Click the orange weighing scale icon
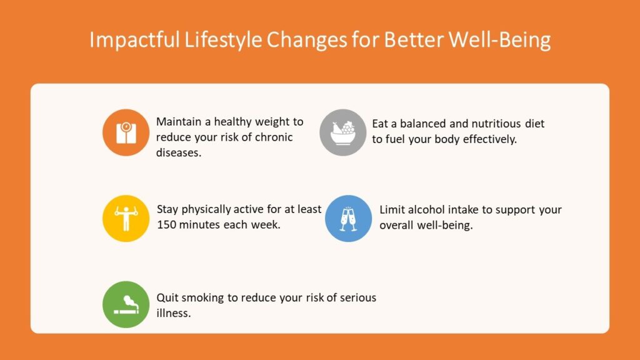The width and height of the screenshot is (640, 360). click(126, 132)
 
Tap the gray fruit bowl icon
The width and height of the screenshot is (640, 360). click(343, 132)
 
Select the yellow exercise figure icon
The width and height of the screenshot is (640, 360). click(126, 218)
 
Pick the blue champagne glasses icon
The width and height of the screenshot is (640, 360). click(348, 218)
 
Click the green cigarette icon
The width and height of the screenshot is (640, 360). click(126, 304)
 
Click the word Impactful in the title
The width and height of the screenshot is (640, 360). click(134, 40)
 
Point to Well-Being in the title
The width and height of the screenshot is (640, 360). click(499, 40)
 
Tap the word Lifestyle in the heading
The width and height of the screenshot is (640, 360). click(223, 40)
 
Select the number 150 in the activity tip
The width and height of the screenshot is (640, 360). click(166, 224)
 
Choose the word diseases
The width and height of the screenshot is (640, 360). click(179, 152)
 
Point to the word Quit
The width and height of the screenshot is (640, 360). click(167, 297)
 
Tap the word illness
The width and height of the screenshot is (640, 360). click(174, 313)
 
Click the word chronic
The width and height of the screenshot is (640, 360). click(274, 137)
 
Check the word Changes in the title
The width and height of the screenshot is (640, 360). click(307, 40)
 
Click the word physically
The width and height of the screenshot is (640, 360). click(206, 209)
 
